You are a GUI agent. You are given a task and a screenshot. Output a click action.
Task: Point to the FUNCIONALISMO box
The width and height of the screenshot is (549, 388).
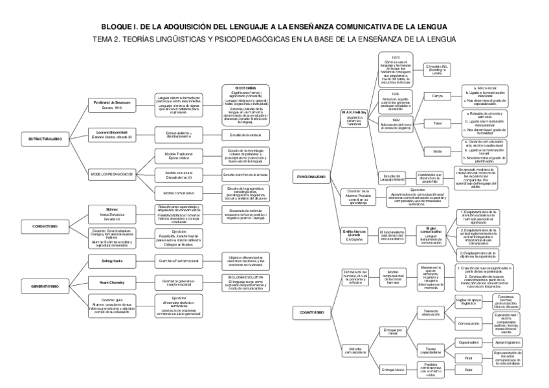(x=311, y=176)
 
